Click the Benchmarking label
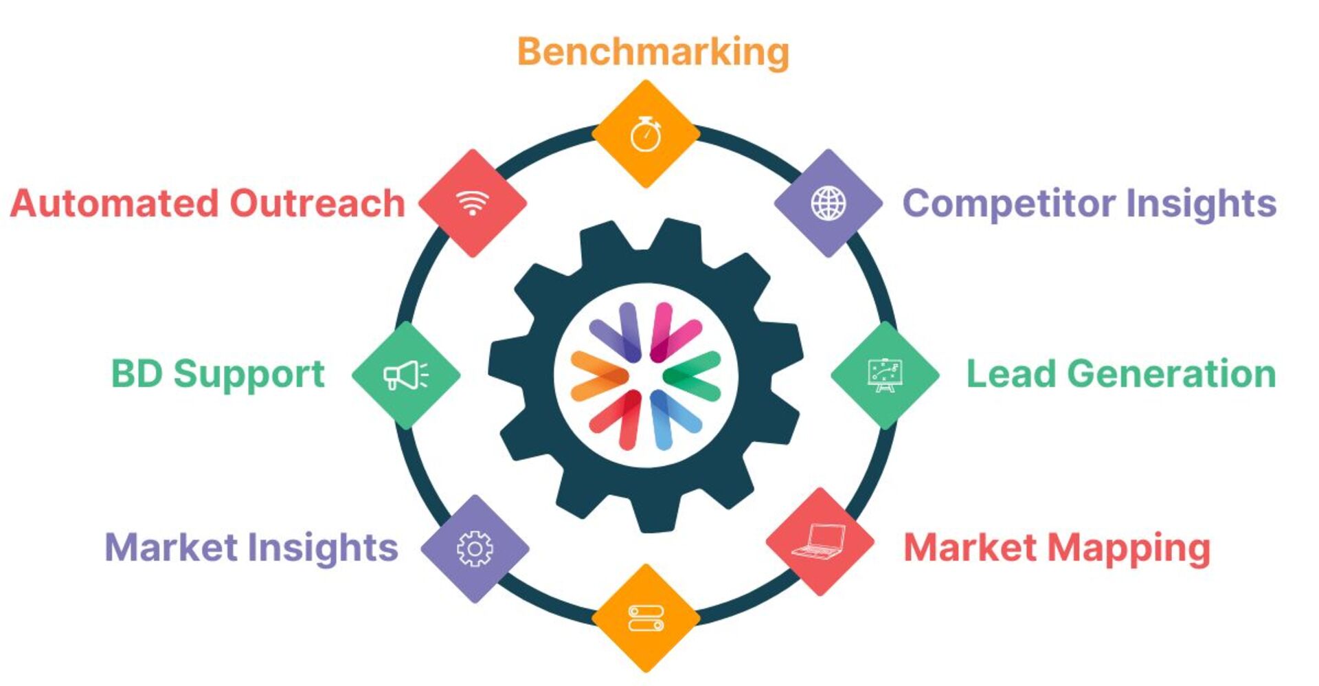[653, 52]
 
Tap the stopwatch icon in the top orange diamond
[646, 134]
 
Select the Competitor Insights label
[1089, 203]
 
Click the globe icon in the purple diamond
[828, 203]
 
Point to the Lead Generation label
[1120, 374]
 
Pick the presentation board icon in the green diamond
[884, 375]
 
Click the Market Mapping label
[1056, 548]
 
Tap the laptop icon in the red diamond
[820, 542]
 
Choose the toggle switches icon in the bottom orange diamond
[646, 618]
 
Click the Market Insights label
[251, 548]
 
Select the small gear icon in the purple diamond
[475, 549]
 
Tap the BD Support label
[217, 375]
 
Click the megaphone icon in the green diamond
[405, 375]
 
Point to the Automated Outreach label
[207, 203]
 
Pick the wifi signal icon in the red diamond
[473, 203]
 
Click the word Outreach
[317, 203]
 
